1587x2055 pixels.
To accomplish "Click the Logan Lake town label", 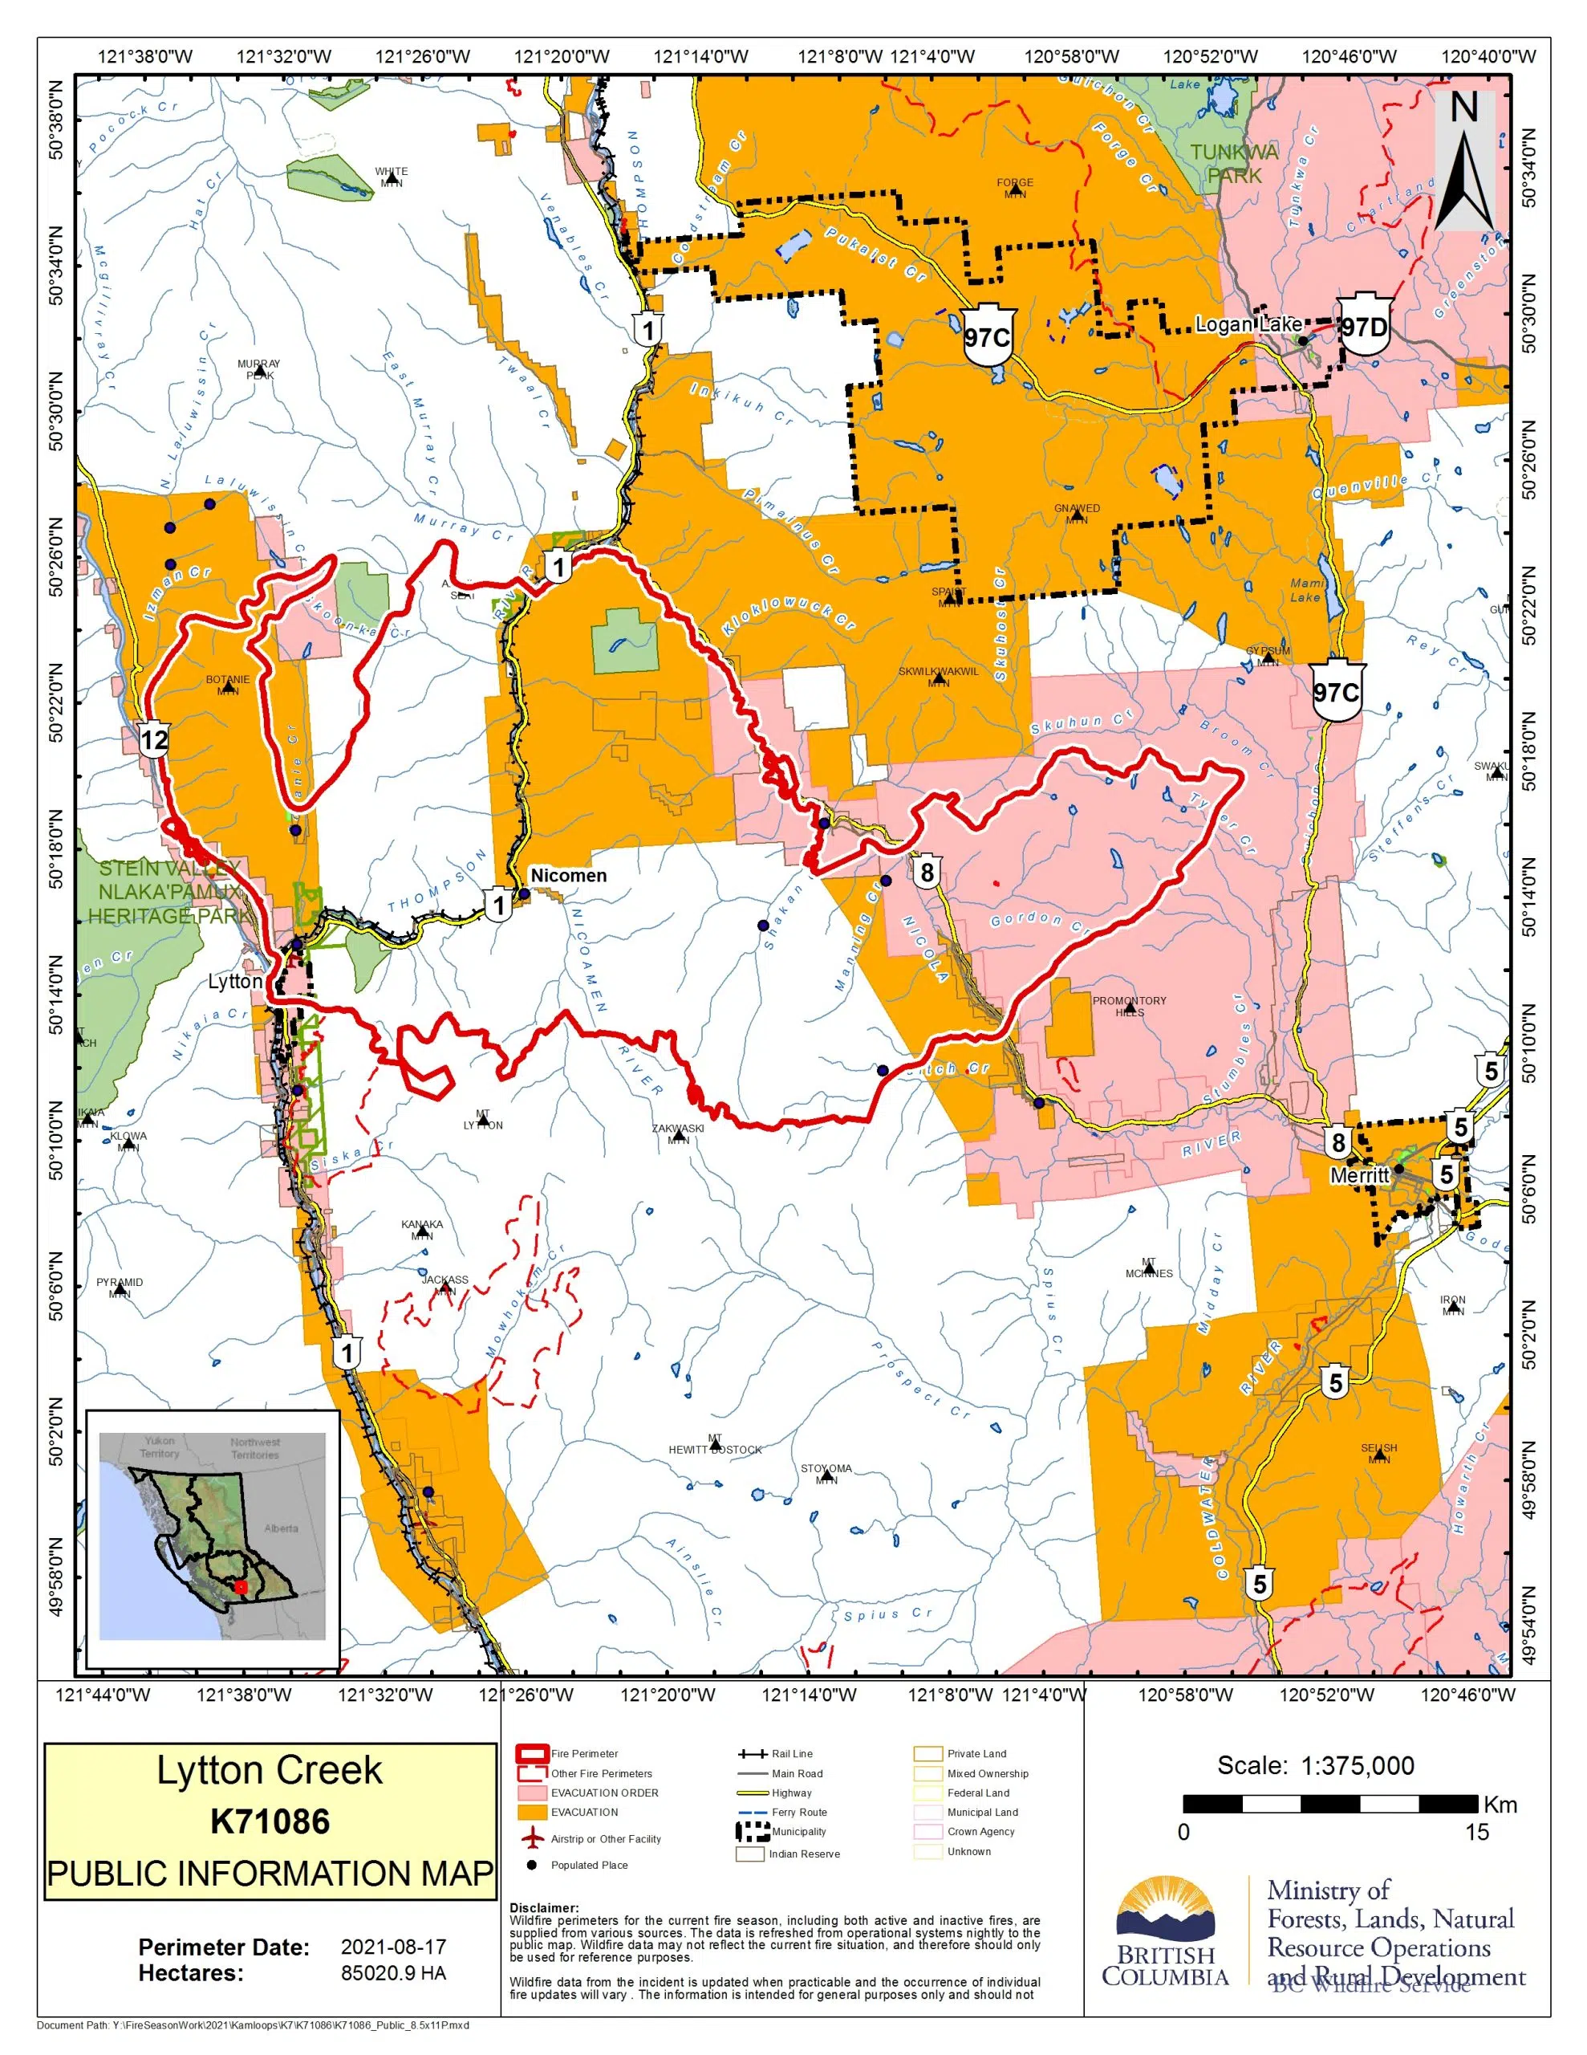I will [x=1248, y=324].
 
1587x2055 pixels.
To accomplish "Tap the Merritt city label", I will [x=1359, y=1175].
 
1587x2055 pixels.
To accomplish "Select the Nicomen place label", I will [x=568, y=875].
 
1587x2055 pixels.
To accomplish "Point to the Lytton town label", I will [x=235, y=982].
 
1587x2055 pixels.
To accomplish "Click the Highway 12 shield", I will [x=154, y=739].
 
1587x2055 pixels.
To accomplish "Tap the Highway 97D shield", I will [x=1364, y=328].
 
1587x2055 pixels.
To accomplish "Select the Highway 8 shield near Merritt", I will [x=1337, y=1142].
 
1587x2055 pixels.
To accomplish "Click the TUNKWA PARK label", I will [x=1234, y=164].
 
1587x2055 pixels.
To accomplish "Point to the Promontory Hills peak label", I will [x=1129, y=1006].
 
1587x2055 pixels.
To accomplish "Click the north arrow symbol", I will [x=1463, y=160].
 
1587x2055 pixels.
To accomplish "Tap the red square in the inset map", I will [x=241, y=1586].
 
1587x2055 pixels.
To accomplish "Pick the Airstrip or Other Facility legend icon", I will [x=533, y=1837].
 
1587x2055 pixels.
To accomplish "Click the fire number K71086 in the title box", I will [x=270, y=1821].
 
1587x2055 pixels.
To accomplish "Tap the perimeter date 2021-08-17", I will [x=393, y=1947].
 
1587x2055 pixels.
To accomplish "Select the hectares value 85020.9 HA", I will [x=393, y=1973].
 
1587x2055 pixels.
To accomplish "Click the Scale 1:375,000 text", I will [x=1315, y=1765].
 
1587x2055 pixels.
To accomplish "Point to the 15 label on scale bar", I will [x=1476, y=1832].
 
